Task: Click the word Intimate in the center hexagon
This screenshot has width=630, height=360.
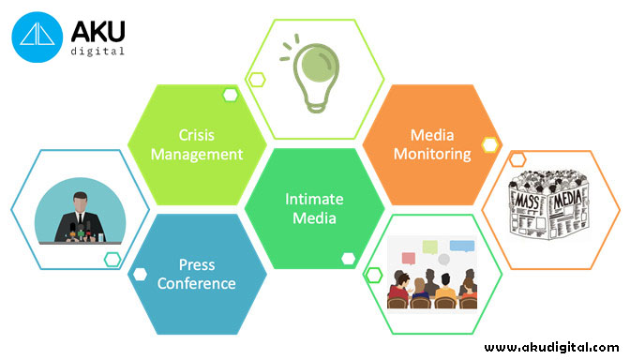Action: click(x=314, y=199)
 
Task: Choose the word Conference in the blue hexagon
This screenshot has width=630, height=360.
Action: click(x=197, y=283)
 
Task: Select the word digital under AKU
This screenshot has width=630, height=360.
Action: click(x=98, y=52)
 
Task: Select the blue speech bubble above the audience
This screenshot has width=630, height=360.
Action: click(x=462, y=247)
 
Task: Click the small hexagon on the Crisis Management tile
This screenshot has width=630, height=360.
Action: click(x=230, y=94)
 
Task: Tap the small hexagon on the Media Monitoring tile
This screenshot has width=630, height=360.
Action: click(x=488, y=144)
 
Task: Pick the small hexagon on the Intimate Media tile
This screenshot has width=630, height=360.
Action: click(x=348, y=258)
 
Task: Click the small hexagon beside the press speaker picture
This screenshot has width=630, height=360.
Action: click(x=112, y=259)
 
